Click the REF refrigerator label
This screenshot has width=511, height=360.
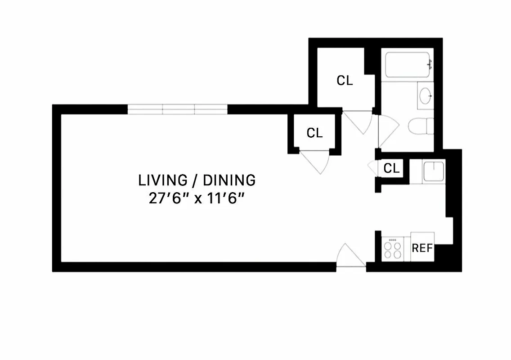pos(422,248)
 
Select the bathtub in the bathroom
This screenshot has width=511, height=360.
pos(407,65)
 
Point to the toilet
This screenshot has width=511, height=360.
pos(421,126)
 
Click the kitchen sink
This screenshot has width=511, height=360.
pos(434,171)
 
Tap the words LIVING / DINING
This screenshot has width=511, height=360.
pos(197,180)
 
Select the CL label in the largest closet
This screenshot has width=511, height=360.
pos(345,81)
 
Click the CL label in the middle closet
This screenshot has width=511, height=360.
pos(315,133)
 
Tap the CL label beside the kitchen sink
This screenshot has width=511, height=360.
pos(391,168)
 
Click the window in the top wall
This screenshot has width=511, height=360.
pos(178,109)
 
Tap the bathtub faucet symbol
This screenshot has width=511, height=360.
pos(429,64)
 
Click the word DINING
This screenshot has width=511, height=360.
pos(229,180)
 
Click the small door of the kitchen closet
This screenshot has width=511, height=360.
pos(372,168)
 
